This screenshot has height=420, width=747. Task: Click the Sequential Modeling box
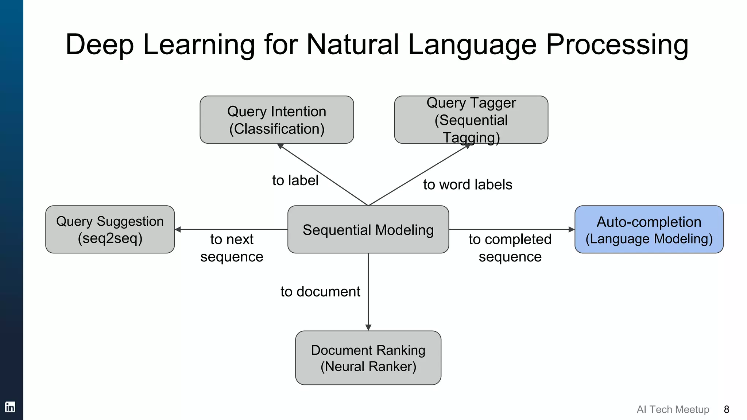coord(368,230)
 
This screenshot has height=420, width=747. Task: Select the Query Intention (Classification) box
coord(276,120)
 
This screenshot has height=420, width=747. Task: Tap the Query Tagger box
coord(471,120)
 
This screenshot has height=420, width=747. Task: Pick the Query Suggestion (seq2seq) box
coord(110,230)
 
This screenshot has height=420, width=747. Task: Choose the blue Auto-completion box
coord(649,230)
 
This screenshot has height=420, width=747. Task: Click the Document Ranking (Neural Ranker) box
coord(368,358)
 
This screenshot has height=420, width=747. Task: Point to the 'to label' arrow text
coord(295,180)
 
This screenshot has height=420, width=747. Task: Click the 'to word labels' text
coord(468,185)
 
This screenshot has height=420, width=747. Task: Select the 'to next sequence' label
coord(232,248)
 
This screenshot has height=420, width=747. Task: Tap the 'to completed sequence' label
coord(510,248)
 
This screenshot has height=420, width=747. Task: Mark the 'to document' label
coord(320,292)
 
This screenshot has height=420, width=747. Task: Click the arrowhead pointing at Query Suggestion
coord(178,230)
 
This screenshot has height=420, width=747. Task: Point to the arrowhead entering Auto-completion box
coord(572,230)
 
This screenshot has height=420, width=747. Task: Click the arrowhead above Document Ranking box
coord(368,327)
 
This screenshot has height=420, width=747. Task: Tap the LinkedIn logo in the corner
coord(10,407)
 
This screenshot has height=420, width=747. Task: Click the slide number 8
coord(726,409)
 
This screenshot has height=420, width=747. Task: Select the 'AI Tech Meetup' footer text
coord(673,409)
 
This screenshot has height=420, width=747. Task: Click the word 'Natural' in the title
coord(352,44)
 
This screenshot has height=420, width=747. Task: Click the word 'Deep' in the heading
coord(99,44)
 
